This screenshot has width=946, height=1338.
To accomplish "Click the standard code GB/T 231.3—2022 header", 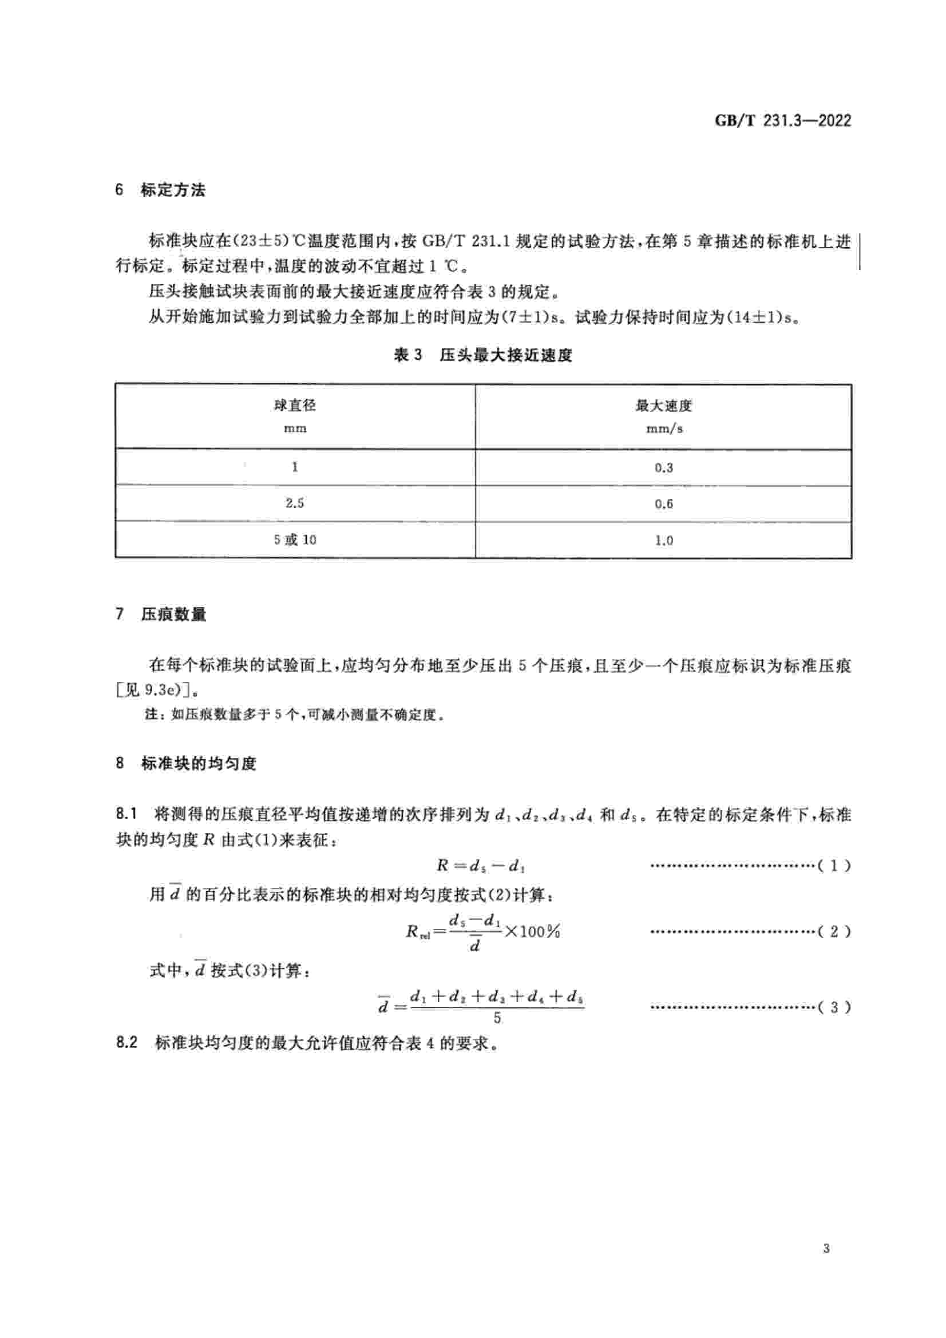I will pos(782,121).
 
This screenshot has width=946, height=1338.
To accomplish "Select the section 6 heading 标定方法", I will pos(172,190).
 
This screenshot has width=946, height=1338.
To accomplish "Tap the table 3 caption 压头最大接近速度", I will pos(505,355).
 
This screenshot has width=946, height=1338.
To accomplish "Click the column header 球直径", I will pos(295,406).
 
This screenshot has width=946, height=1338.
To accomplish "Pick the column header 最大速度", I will pos(663,406).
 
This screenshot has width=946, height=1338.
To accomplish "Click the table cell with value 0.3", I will pos(663,467).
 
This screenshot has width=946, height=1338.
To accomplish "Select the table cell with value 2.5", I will pos(295,503).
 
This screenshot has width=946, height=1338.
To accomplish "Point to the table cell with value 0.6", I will pos(663,504).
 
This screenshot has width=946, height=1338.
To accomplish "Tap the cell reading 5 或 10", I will pos(295,540).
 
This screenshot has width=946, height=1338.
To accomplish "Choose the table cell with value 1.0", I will pos(663,541).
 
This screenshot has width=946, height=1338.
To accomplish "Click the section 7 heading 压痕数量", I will pos(173,614).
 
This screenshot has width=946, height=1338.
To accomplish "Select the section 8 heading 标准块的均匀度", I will pos(198,764).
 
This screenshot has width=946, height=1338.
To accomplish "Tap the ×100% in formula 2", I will pos(532,931).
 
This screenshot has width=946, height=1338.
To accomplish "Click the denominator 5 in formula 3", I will pos(497,1018).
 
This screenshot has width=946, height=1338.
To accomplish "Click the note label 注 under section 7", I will pos(152,714).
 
